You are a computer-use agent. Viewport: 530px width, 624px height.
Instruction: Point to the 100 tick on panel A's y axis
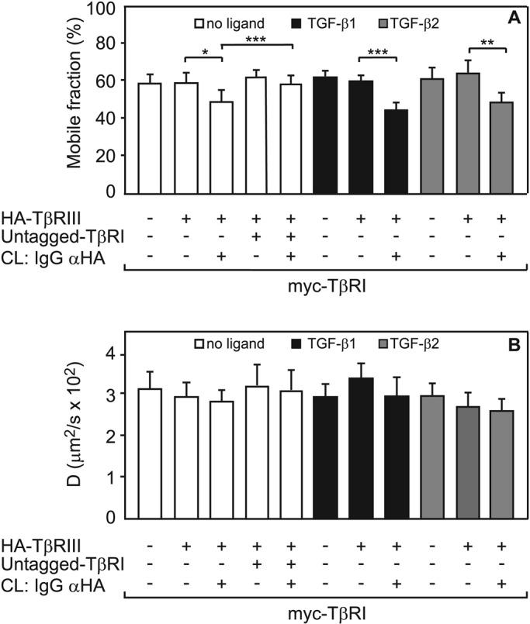[118, 9]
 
